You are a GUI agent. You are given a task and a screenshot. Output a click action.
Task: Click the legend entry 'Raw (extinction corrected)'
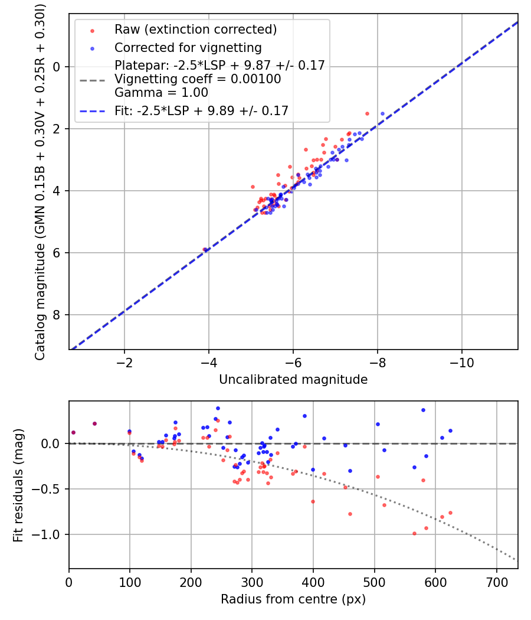click(196, 30)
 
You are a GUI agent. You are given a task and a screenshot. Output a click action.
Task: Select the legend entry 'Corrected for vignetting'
click(188, 47)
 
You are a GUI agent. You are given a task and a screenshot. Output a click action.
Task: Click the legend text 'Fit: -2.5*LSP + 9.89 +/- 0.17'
click(201, 110)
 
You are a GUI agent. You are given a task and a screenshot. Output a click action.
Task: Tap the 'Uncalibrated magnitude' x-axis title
click(293, 380)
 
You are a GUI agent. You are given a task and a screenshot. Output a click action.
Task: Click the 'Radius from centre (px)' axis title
click(293, 599)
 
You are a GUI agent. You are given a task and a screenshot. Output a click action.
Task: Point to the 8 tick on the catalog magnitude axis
click(58, 315)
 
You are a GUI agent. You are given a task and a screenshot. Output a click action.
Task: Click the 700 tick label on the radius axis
click(496, 582)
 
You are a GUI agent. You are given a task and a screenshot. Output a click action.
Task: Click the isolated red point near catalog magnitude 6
click(205, 250)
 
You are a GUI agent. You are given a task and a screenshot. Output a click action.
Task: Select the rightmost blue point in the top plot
click(382, 113)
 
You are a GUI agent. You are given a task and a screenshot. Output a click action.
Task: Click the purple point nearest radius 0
click(73, 432)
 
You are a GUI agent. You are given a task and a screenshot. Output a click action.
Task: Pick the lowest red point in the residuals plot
click(414, 533)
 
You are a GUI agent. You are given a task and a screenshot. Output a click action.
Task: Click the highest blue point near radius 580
click(423, 410)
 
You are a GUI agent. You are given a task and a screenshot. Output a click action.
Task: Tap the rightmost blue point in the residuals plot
click(450, 430)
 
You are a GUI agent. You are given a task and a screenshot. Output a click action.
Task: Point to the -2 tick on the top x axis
click(124, 362)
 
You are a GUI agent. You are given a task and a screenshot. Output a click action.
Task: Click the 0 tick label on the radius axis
click(69, 582)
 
